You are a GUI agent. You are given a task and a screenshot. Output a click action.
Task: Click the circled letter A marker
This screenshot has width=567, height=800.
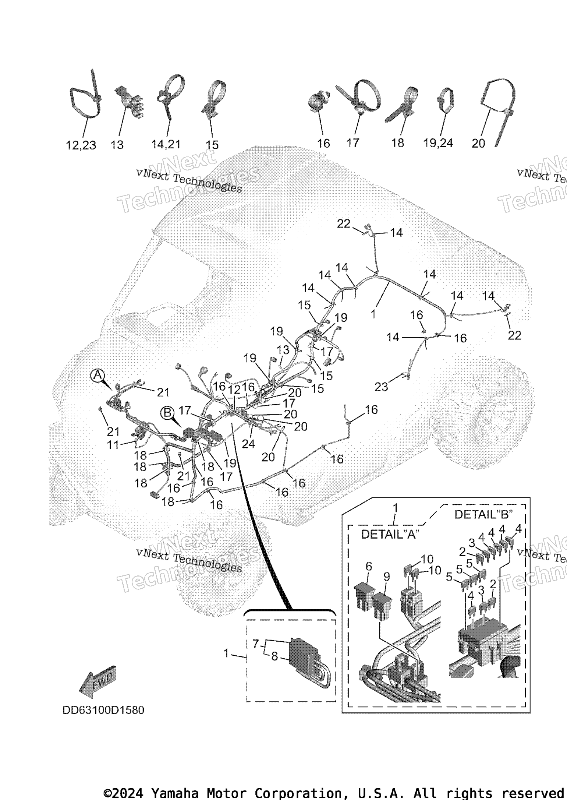[x=97, y=375]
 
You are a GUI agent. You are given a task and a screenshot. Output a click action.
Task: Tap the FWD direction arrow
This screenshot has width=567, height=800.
[x=98, y=682]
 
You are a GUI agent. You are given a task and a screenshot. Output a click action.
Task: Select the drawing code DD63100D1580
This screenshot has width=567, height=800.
[x=103, y=710]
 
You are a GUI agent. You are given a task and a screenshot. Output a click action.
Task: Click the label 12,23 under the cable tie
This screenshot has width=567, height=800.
[x=81, y=145]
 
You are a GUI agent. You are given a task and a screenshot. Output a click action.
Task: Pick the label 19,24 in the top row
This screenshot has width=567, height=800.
[x=438, y=143]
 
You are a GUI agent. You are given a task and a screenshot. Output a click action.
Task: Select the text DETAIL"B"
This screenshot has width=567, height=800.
[x=483, y=514]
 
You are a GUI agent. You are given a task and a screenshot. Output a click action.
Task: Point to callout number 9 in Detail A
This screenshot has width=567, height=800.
[x=386, y=577]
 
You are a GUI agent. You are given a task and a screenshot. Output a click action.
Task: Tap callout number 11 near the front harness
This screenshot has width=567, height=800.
[x=113, y=445]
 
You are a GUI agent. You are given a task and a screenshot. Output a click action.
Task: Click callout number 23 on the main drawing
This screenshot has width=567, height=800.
[x=381, y=387]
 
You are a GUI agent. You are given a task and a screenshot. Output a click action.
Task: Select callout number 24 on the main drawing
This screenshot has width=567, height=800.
[x=248, y=444]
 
